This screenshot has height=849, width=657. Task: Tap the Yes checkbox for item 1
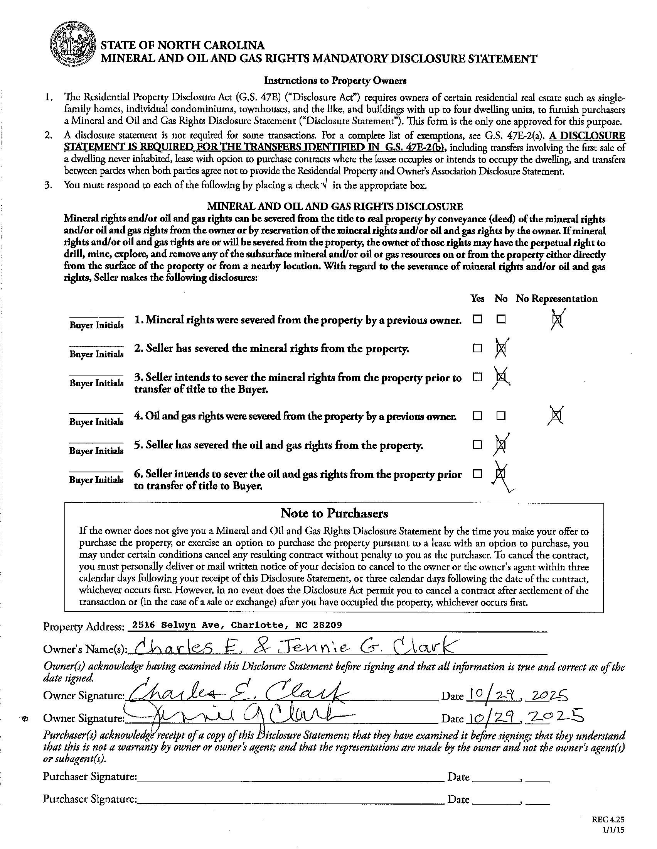pos(477,319)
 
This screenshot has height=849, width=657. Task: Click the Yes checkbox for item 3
pos(477,377)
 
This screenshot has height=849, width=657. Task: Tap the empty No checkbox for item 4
pos(501,416)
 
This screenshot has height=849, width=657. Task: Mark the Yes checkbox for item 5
pos(477,445)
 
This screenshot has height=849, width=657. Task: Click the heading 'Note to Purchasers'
pos(334,513)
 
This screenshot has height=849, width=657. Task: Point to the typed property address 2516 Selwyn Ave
pos(237,625)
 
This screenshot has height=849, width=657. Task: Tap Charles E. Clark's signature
pos(237,693)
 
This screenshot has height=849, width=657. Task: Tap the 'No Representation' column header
pos(556,299)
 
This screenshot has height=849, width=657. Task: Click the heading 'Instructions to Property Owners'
pos(335,81)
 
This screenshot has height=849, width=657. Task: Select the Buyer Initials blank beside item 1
pos(96,316)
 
